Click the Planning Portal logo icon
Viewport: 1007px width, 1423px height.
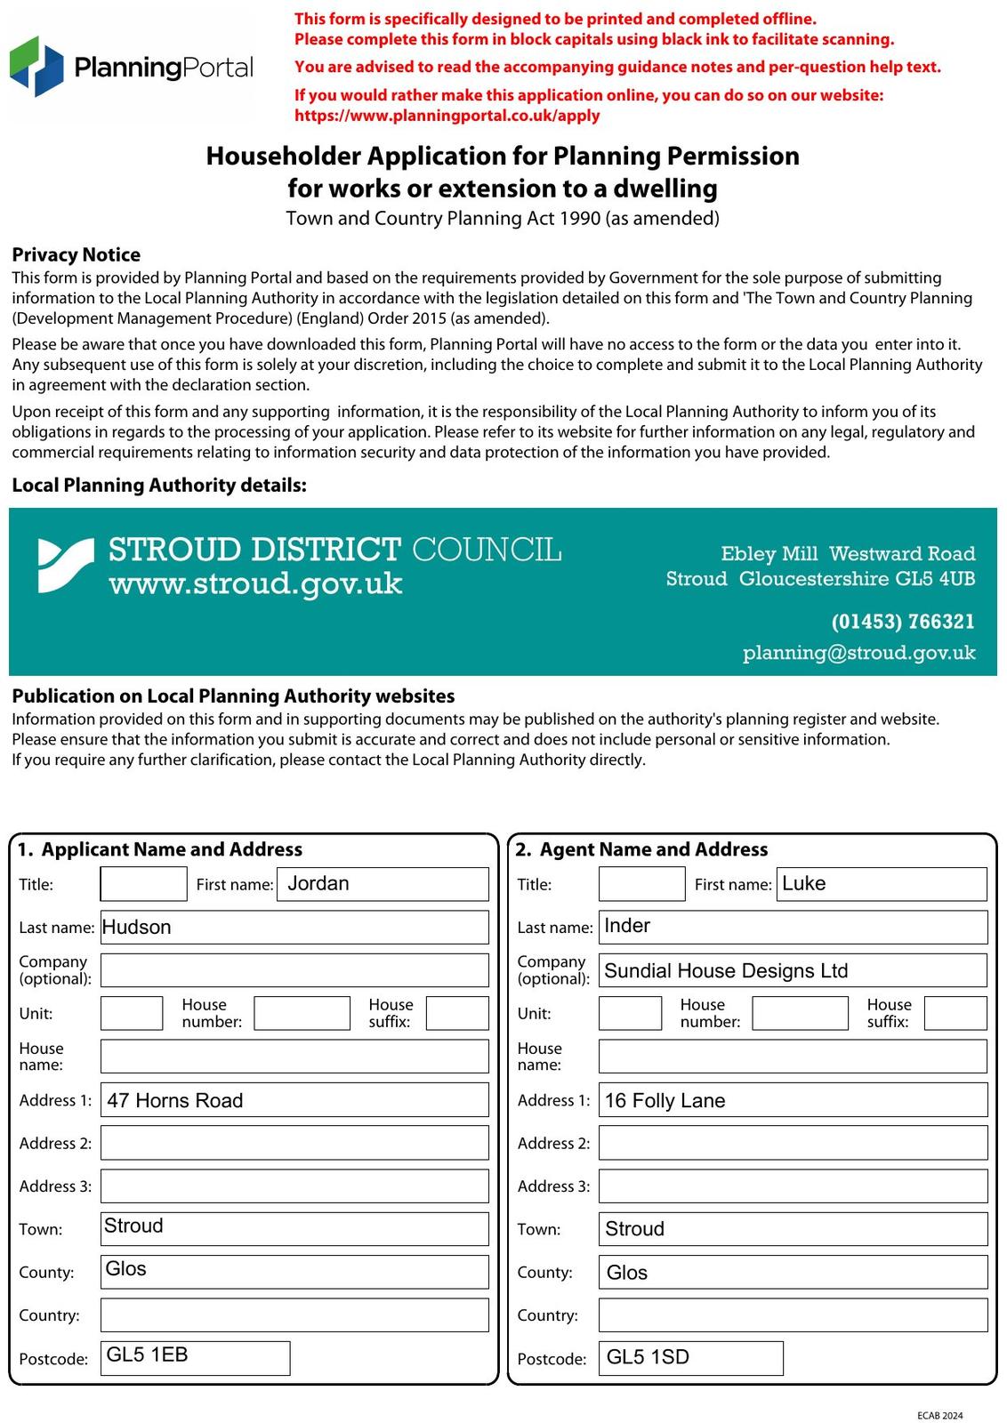(x=36, y=67)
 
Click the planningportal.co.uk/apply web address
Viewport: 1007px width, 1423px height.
(x=447, y=116)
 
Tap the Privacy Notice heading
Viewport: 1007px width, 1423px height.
(x=76, y=254)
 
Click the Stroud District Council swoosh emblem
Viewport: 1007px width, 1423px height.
(x=65, y=566)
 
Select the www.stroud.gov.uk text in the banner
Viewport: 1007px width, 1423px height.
(x=255, y=584)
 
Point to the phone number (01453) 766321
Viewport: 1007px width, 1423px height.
(x=902, y=621)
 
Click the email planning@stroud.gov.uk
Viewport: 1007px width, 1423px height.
(x=858, y=653)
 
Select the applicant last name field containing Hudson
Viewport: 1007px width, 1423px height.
(x=294, y=927)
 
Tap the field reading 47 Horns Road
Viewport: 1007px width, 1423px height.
(x=294, y=1100)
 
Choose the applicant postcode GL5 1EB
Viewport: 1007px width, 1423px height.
(x=195, y=1357)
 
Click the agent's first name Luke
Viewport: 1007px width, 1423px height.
(x=882, y=884)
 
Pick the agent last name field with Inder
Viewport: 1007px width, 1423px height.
(x=793, y=927)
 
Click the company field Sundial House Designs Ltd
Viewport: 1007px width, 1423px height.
(x=793, y=970)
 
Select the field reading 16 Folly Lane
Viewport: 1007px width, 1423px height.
(x=793, y=1100)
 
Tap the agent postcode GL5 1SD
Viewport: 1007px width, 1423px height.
(x=690, y=1358)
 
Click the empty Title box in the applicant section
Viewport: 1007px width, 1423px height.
(x=143, y=884)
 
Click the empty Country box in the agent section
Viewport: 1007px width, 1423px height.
(x=793, y=1314)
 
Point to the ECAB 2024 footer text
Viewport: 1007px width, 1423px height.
(x=939, y=1415)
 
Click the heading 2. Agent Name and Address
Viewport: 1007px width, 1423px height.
(x=641, y=849)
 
